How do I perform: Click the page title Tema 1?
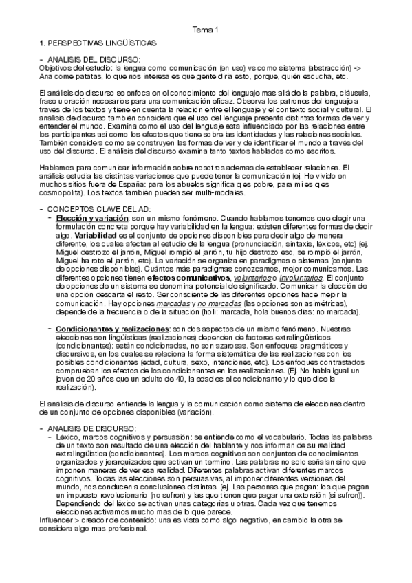205,30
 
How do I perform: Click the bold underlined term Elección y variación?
85,217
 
